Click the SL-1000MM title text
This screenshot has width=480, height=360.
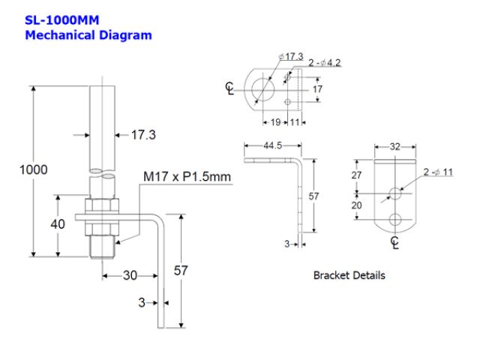(x=62, y=20)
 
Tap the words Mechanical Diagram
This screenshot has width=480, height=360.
(x=88, y=34)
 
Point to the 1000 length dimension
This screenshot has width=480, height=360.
(x=33, y=169)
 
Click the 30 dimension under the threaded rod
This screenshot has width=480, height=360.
(x=130, y=275)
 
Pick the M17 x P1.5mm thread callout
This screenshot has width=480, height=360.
(x=187, y=176)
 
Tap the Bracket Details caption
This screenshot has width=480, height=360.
(x=349, y=275)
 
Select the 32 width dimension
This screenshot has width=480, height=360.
(x=396, y=148)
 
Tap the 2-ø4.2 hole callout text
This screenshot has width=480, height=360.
(x=325, y=63)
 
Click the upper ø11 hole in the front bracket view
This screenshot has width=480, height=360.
(x=395, y=193)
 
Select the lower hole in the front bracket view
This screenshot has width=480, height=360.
(x=395, y=220)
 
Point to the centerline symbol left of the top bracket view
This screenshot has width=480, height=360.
(x=230, y=89)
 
